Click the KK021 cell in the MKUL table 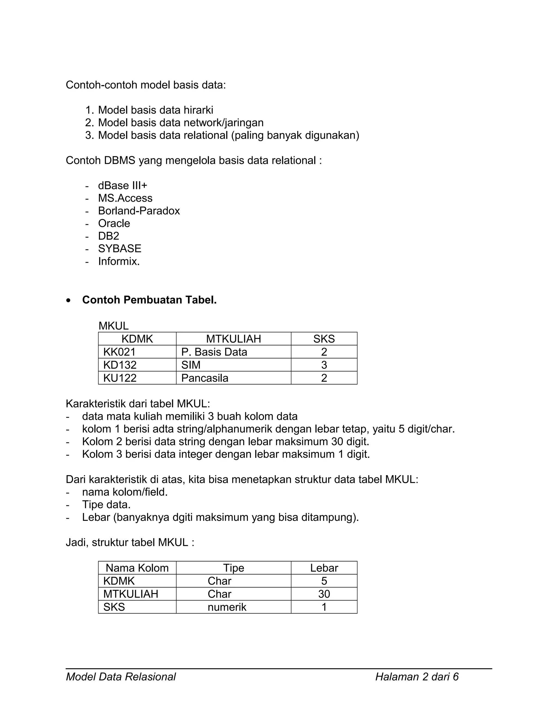coord(119,352)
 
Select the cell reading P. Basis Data coord(214,352)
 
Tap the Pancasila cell coord(205,378)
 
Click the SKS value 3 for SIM coord(324,365)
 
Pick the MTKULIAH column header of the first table coord(233,339)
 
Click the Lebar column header coord(324,568)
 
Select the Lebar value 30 coord(324,594)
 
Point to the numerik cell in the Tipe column coord(227,607)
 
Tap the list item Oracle coord(114,223)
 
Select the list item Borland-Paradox coord(139,211)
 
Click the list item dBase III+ coord(122,186)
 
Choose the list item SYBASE coord(120,248)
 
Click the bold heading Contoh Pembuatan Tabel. coord(149,300)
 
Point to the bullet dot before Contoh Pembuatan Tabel coord(68,301)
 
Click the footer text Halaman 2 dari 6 coord(417,677)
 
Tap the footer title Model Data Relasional coord(121,677)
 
